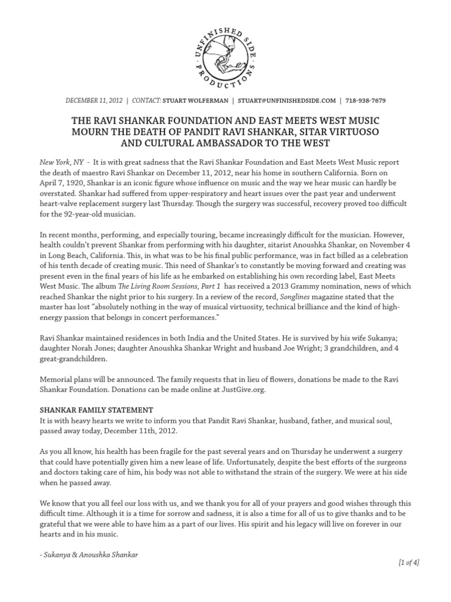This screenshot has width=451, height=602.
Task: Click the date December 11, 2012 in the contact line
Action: [x=95, y=101]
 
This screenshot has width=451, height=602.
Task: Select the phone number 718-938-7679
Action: [x=366, y=101]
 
